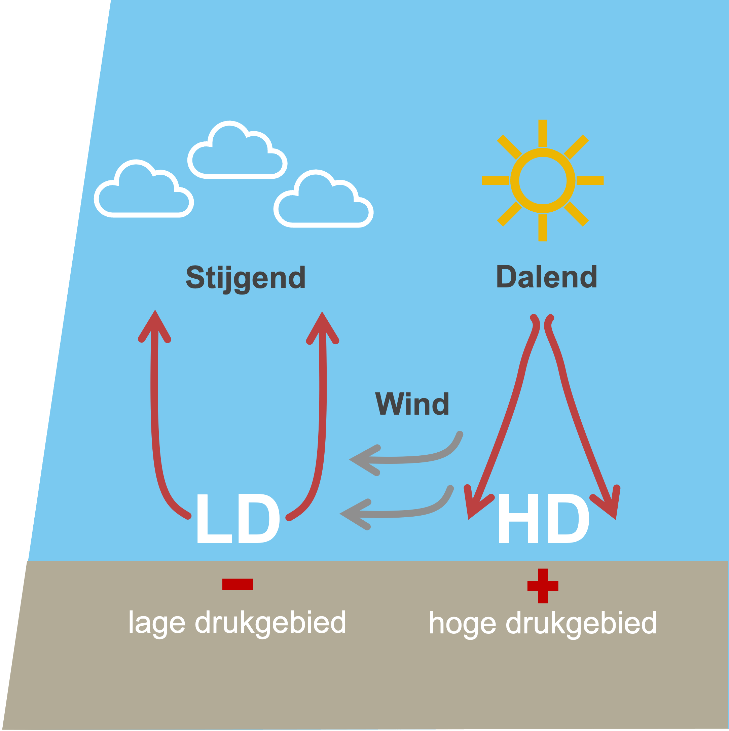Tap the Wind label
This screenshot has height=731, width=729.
click(412, 404)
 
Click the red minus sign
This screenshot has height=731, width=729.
click(238, 585)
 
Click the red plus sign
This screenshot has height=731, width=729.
click(543, 586)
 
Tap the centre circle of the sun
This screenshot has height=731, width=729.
click(543, 180)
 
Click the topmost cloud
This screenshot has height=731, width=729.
click(238, 151)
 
